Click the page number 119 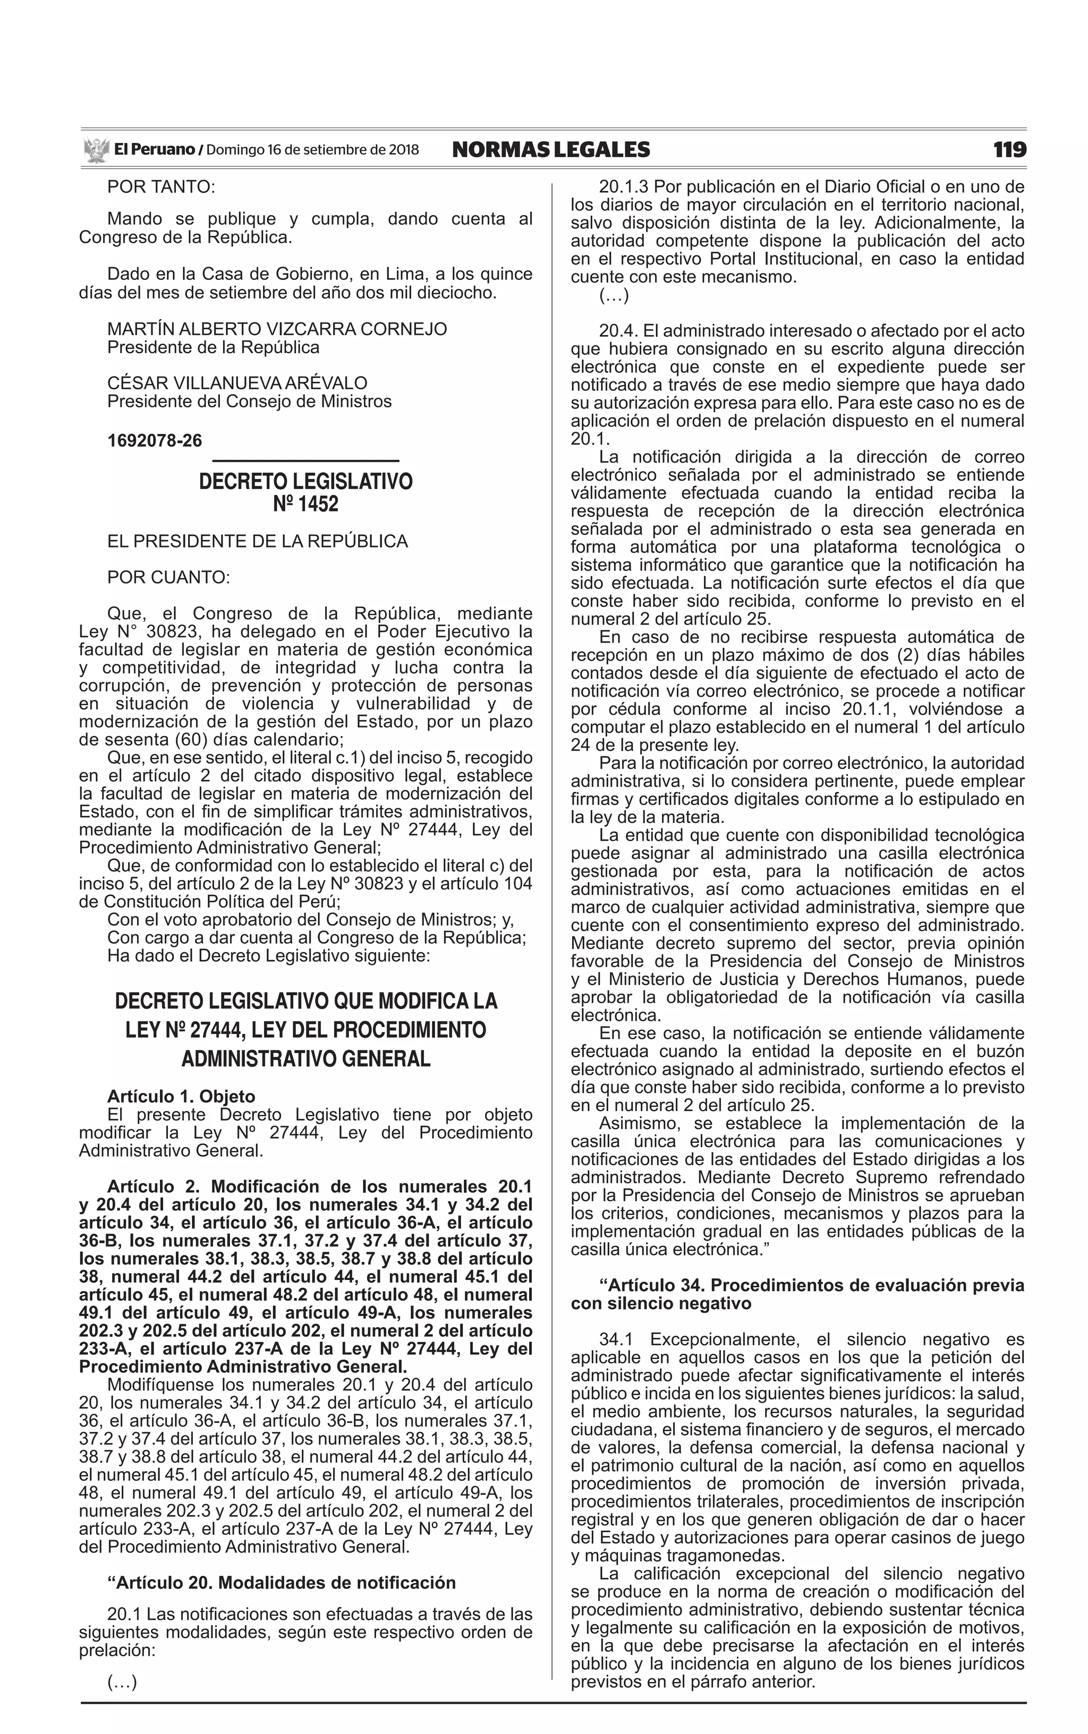pyautogui.click(x=1009, y=150)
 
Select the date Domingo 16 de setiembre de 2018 pyautogui.click(x=312, y=150)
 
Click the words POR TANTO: pyautogui.click(x=161, y=187)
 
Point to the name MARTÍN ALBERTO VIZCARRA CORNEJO pyautogui.click(x=277, y=329)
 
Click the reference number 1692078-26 pyautogui.click(x=155, y=440)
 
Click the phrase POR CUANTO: pyautogui.click(x=168, y=577)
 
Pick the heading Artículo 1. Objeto pyautogui.click(x=181, y=1097)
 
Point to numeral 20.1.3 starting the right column pyautogui.click(x=623, y=187)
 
